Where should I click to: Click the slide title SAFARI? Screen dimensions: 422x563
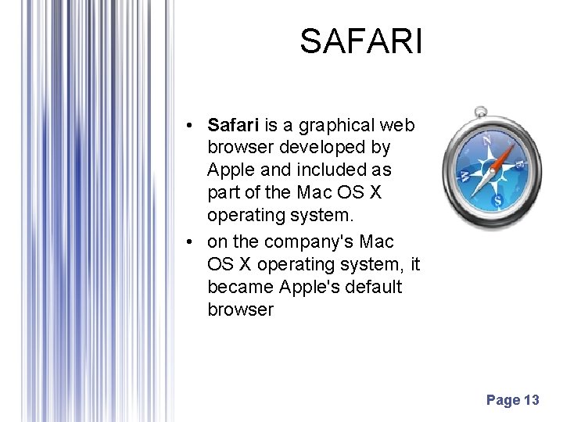[x=360, y=41]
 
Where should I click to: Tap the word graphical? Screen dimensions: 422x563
[x=335, y=125]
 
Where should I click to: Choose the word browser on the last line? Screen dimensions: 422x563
[x=240, y=309]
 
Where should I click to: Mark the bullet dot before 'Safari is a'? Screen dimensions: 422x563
[x=190, y=126]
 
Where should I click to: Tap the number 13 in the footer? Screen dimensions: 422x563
[x=531, y=401]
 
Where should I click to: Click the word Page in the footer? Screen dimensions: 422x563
[x=503, y=401]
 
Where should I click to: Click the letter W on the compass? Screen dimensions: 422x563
[x=464, y=173]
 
